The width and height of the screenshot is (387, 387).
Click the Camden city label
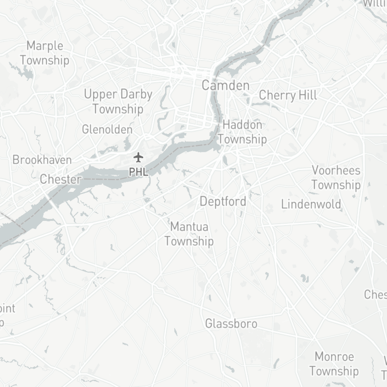tap(225, 85)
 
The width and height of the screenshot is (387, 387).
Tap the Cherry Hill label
tap(288, 95)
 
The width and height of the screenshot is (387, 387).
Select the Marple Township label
tap(45, 53)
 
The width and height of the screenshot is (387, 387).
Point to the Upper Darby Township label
tap(118, 102)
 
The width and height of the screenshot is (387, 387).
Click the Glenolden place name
tap(107, 130)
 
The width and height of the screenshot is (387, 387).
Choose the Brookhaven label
tap(42, 160)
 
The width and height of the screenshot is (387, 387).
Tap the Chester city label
tap(60, 179)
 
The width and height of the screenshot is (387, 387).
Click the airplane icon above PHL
tap(138, 158)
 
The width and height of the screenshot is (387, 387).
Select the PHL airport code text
tap(139, 172)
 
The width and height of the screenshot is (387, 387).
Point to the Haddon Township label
tap(242, 132)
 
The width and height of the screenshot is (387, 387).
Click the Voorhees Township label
tap(336, 177)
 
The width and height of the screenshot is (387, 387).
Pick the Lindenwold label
tap(311, 204)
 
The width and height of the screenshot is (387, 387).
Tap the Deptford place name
tap(223, 202)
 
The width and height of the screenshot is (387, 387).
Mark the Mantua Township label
tap(189, 234)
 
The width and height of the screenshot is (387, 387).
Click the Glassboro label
tap(231, 323)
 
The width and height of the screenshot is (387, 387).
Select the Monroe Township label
tap(334, 364)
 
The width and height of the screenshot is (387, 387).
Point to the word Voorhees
tap(336, 170)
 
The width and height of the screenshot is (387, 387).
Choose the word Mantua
tap(189, 227)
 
